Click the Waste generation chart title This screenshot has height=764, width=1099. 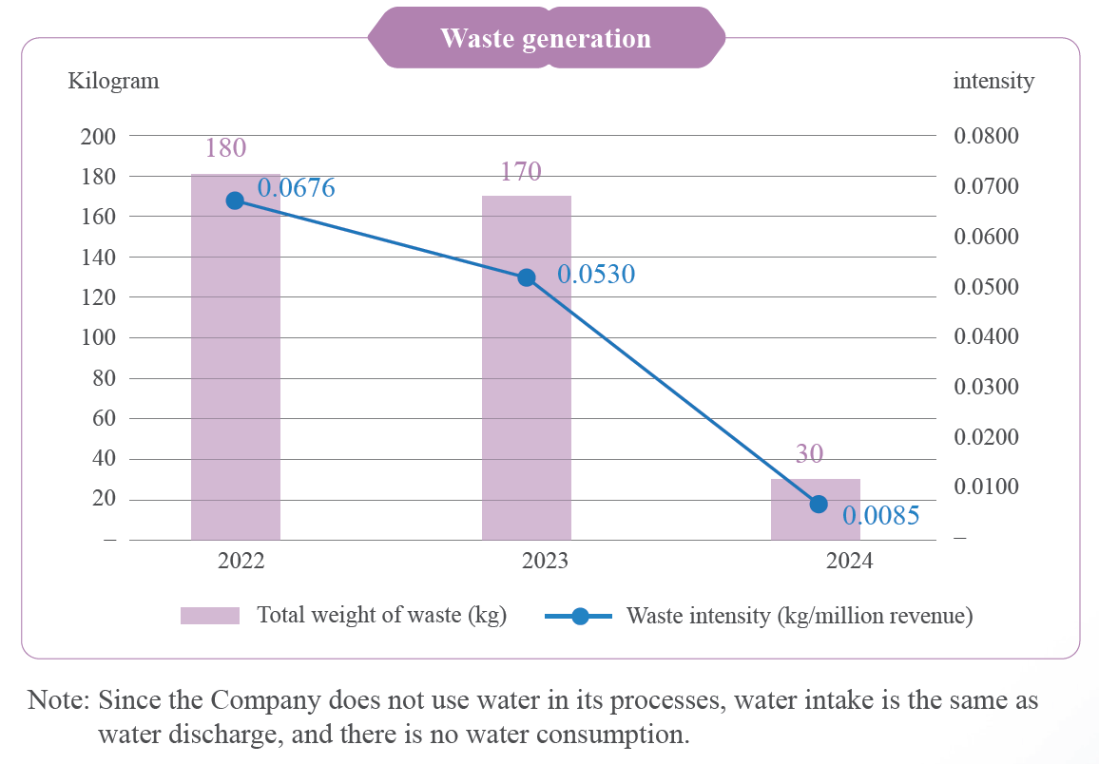pyautogui.click(x=546, y=39)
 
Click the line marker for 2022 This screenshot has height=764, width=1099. pyautogui.click(x=236, y=201)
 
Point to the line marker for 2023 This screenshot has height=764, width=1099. pyautogui.click(x=527, y=278)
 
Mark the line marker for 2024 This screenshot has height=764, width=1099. pyautogui.click(x=819, y=504)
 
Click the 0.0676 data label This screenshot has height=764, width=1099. pyautogui.click(x=297, y=188)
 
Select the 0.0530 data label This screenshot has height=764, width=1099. pyautogui.click(x=596, y=275)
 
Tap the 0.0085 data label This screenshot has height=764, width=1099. pyautogui.click(x=881, y=517)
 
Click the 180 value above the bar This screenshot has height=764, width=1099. pyautogui.click(x=226, y=148)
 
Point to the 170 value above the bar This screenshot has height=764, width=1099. pyautogui.click(x=521, y=172)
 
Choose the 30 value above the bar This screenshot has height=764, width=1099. pyautogui.click(x=809, y=455)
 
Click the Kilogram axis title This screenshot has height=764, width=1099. pyautogui.click(x=113, y=81)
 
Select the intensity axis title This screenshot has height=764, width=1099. pyautogui.click(x=993, y=81)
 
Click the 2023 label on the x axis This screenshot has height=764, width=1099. pyautogui.click(x=545, y=561)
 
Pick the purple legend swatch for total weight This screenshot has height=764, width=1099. pyautogui.click(x=210, y=616)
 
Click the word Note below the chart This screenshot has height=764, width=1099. pyautogui.click(x=58, y=701)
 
